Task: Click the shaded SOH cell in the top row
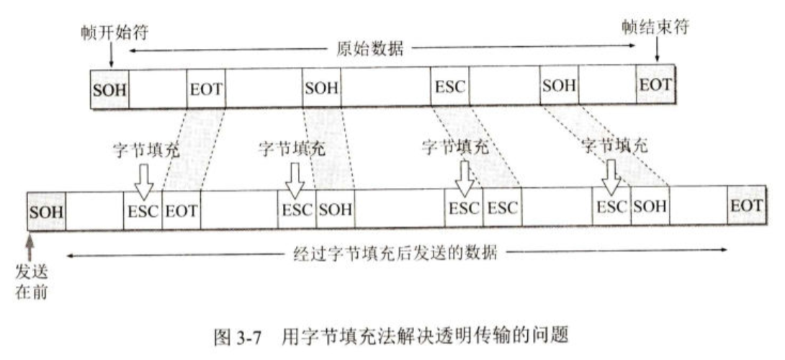point(109,89)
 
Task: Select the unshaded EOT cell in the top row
point(206,89)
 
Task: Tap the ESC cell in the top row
point(450,89)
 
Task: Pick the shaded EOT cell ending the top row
point(655,86)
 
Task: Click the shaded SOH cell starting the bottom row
point(47,212)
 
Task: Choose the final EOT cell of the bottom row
point(745,206)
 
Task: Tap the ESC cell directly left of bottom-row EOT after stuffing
point(143,212)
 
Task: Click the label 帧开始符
point(108,33)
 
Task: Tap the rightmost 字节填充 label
point(614,144)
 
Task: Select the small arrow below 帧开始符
point(109,54)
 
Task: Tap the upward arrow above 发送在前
point(30,248)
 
